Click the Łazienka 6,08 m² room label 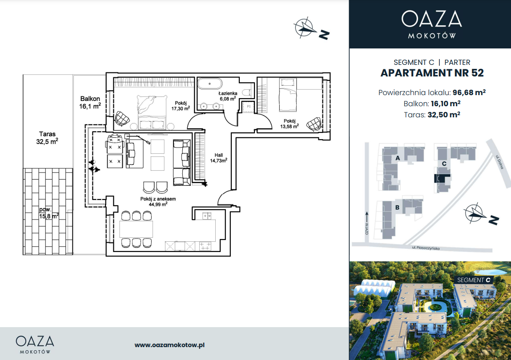tap(228, 96)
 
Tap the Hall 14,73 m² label tap(219, 158)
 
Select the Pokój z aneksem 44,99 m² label tap(158, 202)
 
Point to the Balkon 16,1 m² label tap(90, 102)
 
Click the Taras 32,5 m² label tap(47, 137)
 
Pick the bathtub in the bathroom tap(210, 84)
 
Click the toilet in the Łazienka tap(248, 92)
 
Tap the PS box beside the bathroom tap(248, 107)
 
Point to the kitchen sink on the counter tap(207, 216)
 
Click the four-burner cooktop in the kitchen tap(205, 246)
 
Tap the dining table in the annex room tap(136, 229)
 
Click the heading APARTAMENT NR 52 tap(432, 73)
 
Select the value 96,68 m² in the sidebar tap(469, 92)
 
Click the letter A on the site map tap(398, 158)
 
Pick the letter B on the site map tap(397, 207)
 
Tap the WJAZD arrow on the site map tap(367, 217)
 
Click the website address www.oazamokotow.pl tap(169, 345)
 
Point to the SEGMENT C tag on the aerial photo tap(474, 280)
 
